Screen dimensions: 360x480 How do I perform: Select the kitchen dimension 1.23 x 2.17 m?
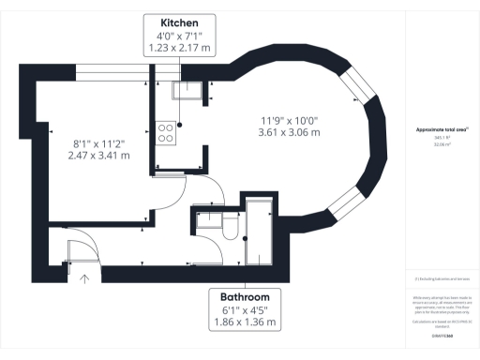click(x=178, y=47)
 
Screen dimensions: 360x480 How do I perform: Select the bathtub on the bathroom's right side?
click(x=257, y=234)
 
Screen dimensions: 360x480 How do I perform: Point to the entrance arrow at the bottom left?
click(x=84, y=277)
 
